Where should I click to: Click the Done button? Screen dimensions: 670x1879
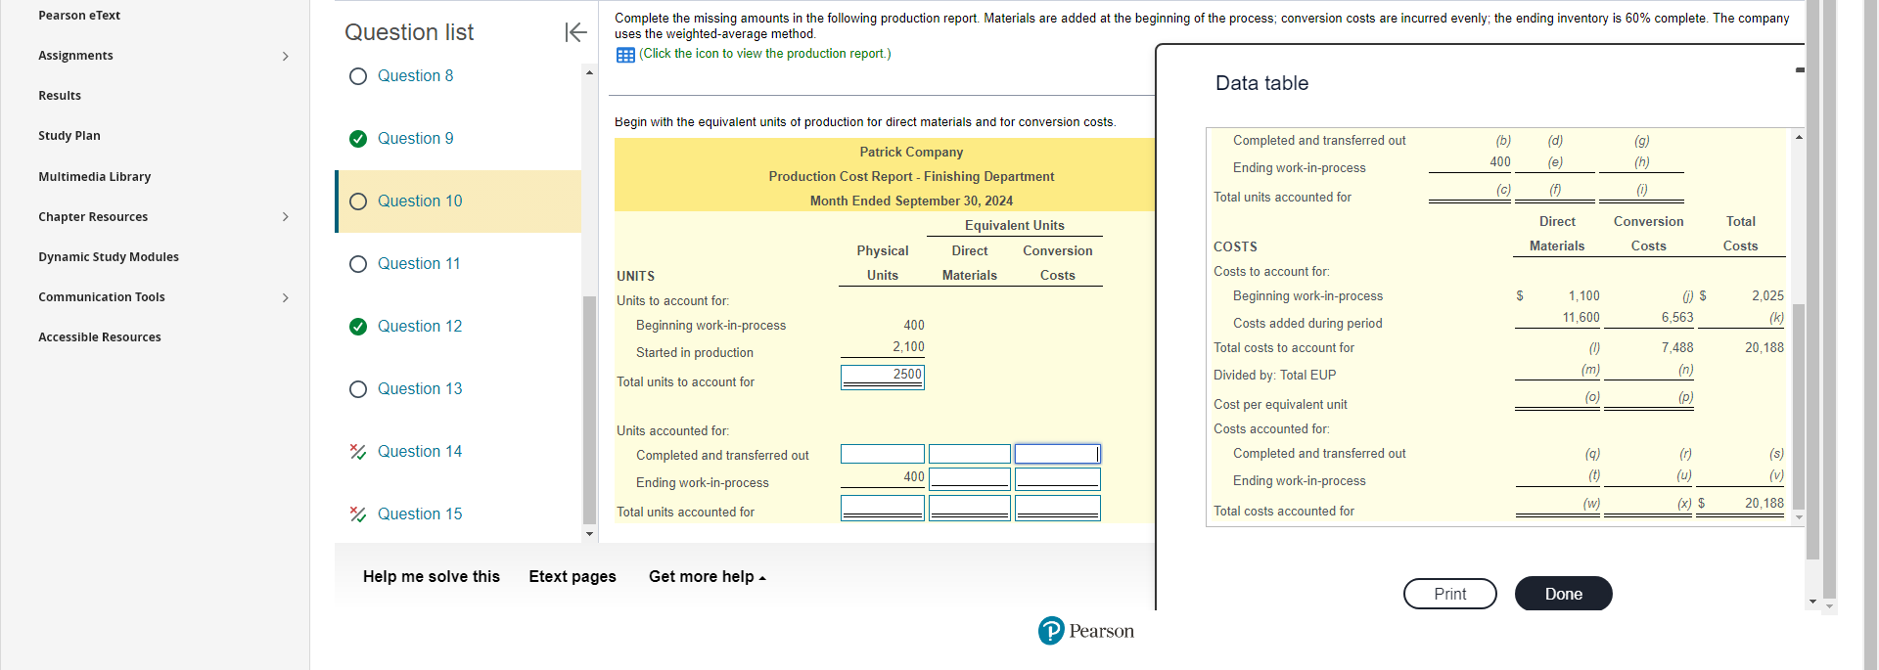(x=1563, y=594)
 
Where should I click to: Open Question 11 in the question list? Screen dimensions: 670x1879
(x=418, y=264)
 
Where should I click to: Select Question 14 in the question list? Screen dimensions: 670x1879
(x=419, y=452)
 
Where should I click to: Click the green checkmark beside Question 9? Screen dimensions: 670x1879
(x=358, y=139)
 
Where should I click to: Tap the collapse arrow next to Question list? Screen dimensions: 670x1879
(x=575, y=32)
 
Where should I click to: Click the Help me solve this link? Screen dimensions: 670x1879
(x=431, y=577)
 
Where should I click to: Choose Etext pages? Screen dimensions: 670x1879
(x=573, y=577)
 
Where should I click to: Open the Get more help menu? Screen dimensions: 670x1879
(x=707, y=577)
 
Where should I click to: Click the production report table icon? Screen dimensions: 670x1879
(x=625, y=55)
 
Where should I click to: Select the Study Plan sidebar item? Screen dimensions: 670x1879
(x=69, y=136)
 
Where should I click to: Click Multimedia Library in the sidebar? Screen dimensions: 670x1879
(x=94, y=177)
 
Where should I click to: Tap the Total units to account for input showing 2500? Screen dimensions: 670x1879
(x=882, y=376)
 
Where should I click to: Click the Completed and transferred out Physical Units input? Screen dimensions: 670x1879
(x=882, y=454)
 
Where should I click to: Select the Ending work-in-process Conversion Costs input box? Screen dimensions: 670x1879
(x=1057, y=478)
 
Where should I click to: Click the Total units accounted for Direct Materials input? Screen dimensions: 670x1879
(x=969, y=508)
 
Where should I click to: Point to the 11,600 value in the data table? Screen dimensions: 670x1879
(x=1581, y=318)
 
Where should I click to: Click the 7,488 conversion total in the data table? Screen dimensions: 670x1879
(x=1676, y=348)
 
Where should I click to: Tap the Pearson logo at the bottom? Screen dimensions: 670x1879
(x=1085, y=631)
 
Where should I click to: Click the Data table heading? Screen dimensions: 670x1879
(x=1261, y=84)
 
